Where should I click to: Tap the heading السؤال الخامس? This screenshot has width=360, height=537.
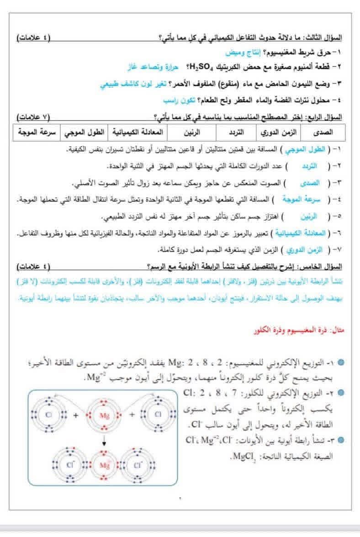tap(324, 266)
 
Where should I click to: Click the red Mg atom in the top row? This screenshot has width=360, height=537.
tap(104, 415)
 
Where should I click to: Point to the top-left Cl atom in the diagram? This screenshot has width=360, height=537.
tap(49, 415)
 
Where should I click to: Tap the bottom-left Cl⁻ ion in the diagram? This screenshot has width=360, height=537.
tap(70, 466)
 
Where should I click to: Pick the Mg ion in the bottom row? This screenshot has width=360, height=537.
tap(105, 466)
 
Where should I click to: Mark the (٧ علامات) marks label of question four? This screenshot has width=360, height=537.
tap(32, 116)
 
